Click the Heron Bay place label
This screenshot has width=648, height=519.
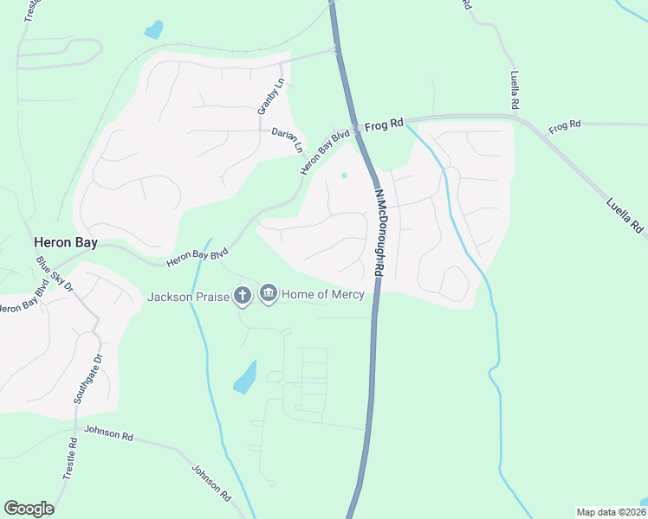click(x=66, y=244)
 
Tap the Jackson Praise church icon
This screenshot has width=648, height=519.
click(x=243, y=296)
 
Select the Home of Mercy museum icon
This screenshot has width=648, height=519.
click(x=269, y=296)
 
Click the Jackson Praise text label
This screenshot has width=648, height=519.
click(x=188, y=297)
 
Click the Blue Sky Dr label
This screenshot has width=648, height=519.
click(x=55, y=272)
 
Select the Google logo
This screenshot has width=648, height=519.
click(x=29, y=509)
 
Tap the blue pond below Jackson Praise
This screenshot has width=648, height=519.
click(x=246, y=377)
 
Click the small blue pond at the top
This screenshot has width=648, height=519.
click(x=154, y=30)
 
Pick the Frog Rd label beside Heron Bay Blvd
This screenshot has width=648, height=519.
click(x=384, y=125)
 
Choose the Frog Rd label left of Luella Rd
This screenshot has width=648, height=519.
click(x=565, y=127)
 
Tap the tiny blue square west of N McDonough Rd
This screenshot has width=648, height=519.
click(x=344, y=176)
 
